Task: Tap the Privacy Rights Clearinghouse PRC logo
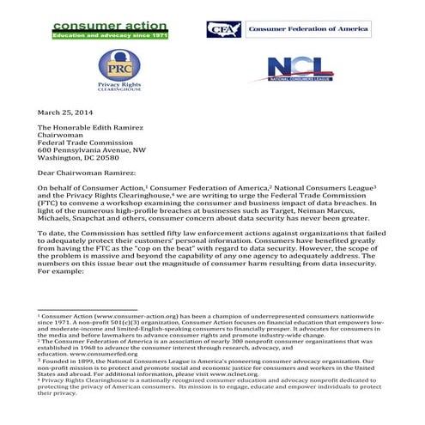118,71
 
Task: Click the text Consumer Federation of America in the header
308,29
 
